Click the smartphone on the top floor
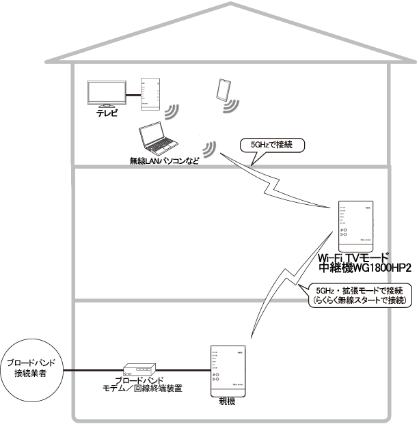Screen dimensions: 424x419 (x=222, y=89)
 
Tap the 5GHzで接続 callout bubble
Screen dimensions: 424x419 (x=271, y=145)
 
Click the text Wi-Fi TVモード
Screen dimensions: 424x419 (x=353, y=257)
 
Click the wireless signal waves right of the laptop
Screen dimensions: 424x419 (x=211, y=148)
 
